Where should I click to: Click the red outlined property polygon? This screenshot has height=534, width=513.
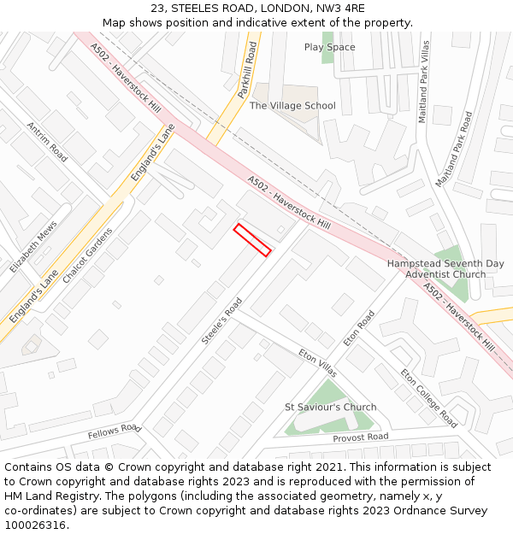click(252, 240)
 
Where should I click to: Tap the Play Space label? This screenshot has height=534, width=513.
click(329, 47)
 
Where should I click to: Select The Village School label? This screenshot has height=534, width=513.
click(292, 106)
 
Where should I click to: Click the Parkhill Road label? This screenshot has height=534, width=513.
click(248, 68)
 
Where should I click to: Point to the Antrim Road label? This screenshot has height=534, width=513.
click(47, 142)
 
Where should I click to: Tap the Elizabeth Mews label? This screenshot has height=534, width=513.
click(34, 247)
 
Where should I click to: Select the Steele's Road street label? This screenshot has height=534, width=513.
click(222, 321)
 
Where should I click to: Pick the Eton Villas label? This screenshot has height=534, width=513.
click(317, 362)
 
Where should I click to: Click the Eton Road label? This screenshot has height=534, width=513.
click(359, 328)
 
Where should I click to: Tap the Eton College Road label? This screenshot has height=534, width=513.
click(428, 398)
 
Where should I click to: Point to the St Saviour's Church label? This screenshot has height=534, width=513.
click(330, 407)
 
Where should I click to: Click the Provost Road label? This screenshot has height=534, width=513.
click(360, 437)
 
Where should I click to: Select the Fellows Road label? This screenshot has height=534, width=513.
click(114, 431)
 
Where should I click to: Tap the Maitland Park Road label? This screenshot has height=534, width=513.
click(453, 150)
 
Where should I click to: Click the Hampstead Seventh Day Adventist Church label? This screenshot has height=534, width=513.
click(445, 269)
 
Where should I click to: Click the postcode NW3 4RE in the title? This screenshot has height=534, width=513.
click(341, 9)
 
